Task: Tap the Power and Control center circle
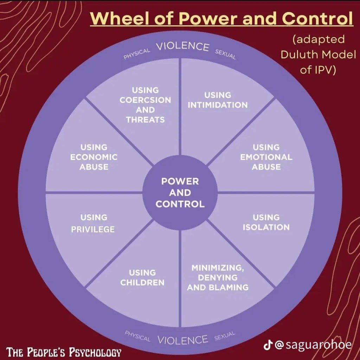[x=180, y=193]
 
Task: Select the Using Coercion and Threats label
[x=145, y=105]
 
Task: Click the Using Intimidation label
[x=218, y=100]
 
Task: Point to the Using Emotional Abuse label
[x=266, y=157]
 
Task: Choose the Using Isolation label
[x=266, y=222]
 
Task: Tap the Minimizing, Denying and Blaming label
[x=218, y=277]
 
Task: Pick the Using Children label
[x=142, y=277]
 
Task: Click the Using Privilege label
[x=93, y=224]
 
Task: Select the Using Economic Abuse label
[x=94, y=157]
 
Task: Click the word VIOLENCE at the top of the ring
[x=182, y=47]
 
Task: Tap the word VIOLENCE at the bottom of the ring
[x=182, y=340]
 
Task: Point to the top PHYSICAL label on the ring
[x=137, y=54]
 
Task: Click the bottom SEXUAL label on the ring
[x=225, y=336]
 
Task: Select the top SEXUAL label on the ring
[x=225, y=54]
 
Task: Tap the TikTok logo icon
[x=268, y=345]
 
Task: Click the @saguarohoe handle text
[x=313, y=345]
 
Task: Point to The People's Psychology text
[x=64, y=352]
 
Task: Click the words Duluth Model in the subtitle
[x=319, y=54]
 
